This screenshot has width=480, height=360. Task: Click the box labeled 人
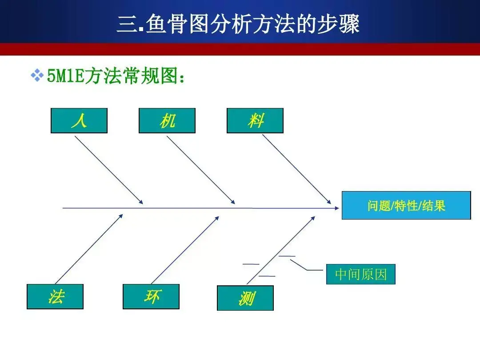[x=79, y=120]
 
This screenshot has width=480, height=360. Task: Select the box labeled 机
[x=167, y=120]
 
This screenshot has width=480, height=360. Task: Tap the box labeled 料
[x=255, y=120]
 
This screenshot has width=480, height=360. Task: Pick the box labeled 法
[x=55, y=296]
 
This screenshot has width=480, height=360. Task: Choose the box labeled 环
[x=151, y=296]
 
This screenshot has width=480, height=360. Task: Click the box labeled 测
[x=245, y=298]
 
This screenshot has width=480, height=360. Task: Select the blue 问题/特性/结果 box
[x=406, y=205]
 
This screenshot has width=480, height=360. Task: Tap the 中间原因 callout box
[x=361, y=274]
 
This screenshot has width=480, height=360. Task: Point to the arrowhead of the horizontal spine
[x=337, y=208]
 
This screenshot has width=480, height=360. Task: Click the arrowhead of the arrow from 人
[x=141, y=202]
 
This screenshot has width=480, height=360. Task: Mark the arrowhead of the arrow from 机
[x=233, y=202]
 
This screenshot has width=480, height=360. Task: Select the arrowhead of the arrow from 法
[x=121, y=216]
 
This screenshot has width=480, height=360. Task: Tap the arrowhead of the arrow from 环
[x=217, y=218]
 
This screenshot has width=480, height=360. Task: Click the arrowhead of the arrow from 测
[x=313, y=218]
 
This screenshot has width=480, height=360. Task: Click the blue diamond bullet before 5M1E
[x=37, y=75]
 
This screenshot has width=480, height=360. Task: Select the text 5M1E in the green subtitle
[x=65, y=76]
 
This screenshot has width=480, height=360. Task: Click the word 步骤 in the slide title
[x=338, y=24]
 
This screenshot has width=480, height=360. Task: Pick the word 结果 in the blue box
[x=434, y=206]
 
